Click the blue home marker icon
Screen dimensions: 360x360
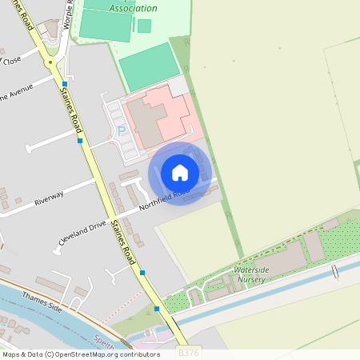point(180,173)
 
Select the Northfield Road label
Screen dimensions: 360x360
point(165,199)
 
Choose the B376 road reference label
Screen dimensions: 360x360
point(188,353)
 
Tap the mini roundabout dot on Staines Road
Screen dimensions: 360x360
point(50,61)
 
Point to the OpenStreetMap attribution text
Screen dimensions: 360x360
point(80,354)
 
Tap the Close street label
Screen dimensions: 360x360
point(12,60)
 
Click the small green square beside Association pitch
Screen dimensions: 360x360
point(144,26)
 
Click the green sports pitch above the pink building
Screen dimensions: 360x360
point(150,66)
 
